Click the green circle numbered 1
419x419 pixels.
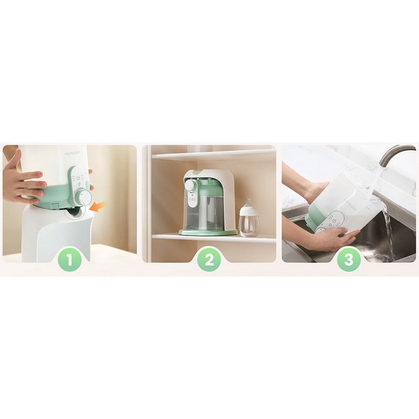tap(69, 260)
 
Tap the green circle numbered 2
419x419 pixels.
tap(209, 260)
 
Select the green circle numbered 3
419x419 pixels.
tap(348, 260)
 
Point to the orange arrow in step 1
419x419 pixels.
tap(98, 207)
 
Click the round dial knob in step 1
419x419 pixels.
tap(84, 198)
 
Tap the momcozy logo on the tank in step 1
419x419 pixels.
tap(72, 154)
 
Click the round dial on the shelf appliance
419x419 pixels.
tap(190, 185)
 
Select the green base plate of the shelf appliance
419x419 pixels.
tap(208, 232)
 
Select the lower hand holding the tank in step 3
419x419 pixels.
tap(335, 239)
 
